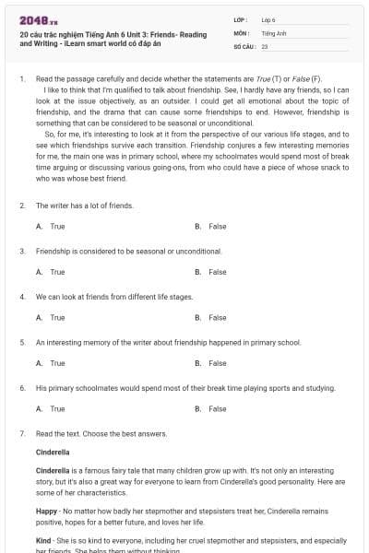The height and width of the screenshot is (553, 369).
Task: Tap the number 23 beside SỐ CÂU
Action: (x=265, y=45)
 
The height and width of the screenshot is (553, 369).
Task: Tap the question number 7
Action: (x=21, y=433)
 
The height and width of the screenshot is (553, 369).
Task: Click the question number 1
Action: (x=21, y=80)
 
